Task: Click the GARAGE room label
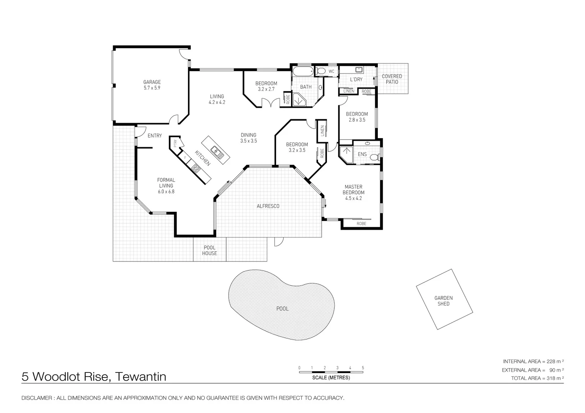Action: point(152,82)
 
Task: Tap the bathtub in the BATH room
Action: point(303,71)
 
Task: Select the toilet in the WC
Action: point(320,71)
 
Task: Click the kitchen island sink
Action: point(217,152)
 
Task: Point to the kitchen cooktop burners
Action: point(196,168)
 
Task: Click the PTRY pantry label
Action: point(175,143)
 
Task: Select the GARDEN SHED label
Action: point(443,301)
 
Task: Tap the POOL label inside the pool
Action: point(282,309)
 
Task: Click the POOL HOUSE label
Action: point(209,250)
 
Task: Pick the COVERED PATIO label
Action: point(392,79)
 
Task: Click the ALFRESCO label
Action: point(268,206)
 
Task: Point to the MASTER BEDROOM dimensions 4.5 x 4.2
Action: point(353,198)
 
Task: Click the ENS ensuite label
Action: point(362,154)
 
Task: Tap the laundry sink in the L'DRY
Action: point(359,69)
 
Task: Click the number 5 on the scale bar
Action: point(363,368)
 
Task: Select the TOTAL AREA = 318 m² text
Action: point(537,378)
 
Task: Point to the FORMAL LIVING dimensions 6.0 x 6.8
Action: point(166,192)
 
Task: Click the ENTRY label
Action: point(155,136)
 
